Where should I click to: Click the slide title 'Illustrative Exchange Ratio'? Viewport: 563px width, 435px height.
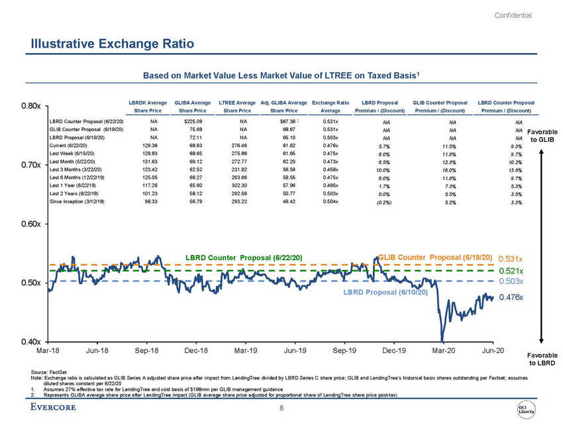112,45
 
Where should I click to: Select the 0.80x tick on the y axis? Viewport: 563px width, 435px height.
31,106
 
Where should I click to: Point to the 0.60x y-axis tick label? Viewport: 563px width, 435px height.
31,224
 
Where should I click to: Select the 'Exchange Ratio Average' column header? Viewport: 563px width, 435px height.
331,107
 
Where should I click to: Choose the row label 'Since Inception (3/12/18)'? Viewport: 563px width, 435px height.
83,201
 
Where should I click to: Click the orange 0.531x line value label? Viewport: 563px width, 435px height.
511,258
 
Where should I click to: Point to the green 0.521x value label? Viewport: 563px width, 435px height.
511,271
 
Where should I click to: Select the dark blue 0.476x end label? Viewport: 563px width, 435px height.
511,297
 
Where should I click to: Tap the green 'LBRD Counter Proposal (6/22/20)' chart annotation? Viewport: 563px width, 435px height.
244,257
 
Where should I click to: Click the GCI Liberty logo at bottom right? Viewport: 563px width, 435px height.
527,409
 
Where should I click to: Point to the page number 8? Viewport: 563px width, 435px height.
281,409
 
